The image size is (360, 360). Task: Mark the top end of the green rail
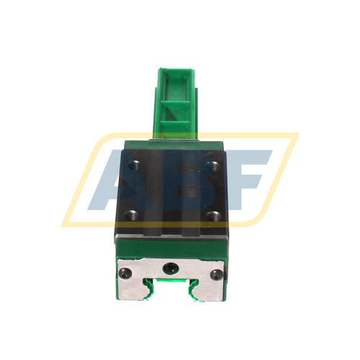click(174, 71)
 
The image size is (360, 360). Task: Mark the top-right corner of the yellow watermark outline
click(295, 135)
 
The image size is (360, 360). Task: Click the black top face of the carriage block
click(173, 191)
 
